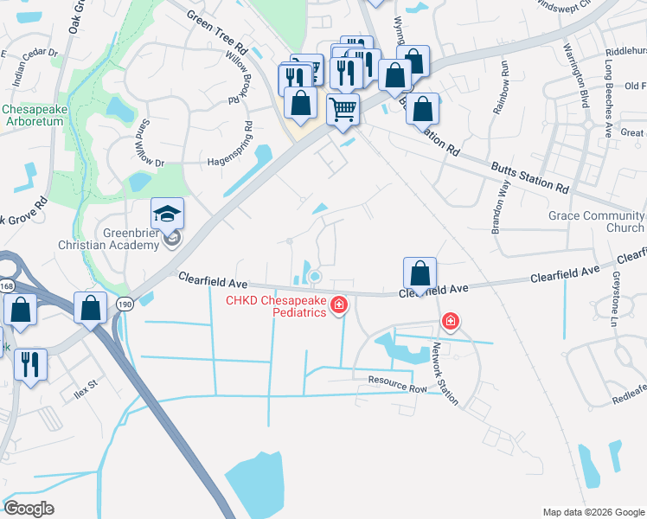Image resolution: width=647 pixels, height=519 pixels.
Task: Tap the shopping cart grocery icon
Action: pos(343,110)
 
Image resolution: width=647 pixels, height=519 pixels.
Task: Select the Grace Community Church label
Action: pos(595,221)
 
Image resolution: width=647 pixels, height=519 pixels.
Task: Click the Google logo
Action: pos(29,509)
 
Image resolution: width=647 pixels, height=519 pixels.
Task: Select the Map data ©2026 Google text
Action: pos(593,512)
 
